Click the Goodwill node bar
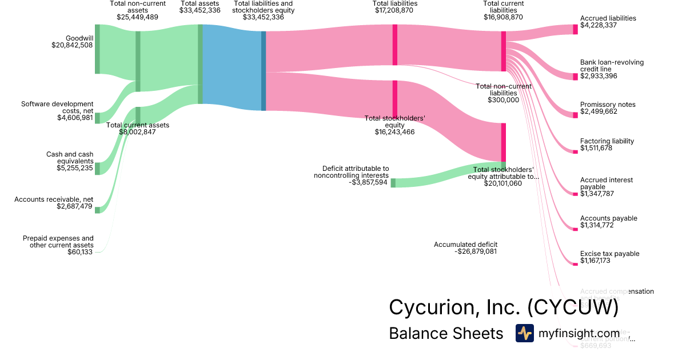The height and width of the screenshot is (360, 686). point(97,49)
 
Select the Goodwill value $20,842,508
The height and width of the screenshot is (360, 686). point(72,46)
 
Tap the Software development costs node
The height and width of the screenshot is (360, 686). point(97,118)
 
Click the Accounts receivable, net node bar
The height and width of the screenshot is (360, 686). point(97,210)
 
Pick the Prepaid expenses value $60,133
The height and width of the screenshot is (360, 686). point(80,252)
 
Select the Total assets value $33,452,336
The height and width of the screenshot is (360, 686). point(200,10)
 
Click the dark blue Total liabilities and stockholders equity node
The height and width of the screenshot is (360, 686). point(264,71)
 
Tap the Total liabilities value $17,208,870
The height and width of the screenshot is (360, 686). point(394,10)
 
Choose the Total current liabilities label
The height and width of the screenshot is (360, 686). point(503,6)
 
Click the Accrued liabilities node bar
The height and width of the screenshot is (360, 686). point(575,29)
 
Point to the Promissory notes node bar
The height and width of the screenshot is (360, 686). point(575,115)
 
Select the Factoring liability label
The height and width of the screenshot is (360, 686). point(607,141)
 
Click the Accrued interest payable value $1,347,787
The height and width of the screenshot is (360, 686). point(599,194)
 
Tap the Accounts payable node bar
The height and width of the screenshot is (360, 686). point(575,229)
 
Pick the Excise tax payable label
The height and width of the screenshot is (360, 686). point(609,254)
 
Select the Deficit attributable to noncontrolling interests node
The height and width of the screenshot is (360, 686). point(393,183)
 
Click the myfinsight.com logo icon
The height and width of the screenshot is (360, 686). point(525,333)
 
